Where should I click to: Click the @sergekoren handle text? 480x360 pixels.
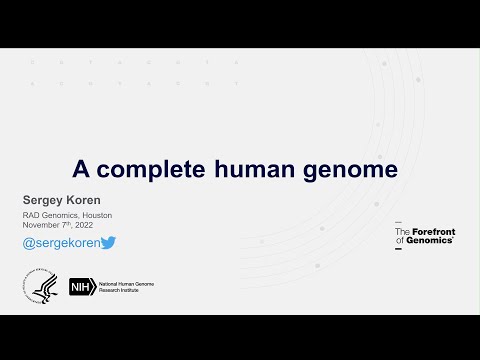click(x=60, y=243)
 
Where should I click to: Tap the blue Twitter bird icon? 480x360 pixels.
click(x=108, y=243)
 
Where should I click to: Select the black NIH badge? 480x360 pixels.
click(x=81, y=287)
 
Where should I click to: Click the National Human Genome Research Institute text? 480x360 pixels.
click(x=126, y=287)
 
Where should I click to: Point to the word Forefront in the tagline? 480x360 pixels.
click(x=432, y=232)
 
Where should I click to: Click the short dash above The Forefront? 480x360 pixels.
click(x=398, y=222)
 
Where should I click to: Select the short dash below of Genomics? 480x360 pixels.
click(x=398, y=250)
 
